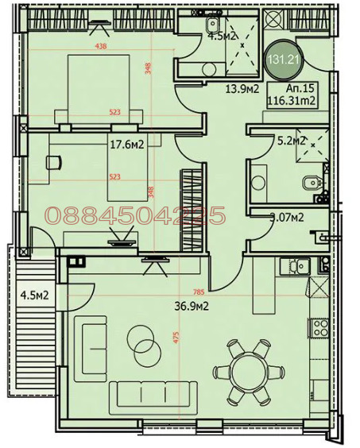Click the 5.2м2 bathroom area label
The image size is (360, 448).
pos(291,141)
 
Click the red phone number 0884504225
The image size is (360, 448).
pos(135,215)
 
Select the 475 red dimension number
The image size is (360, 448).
pos(176,337)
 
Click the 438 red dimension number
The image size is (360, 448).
pos(101,47)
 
